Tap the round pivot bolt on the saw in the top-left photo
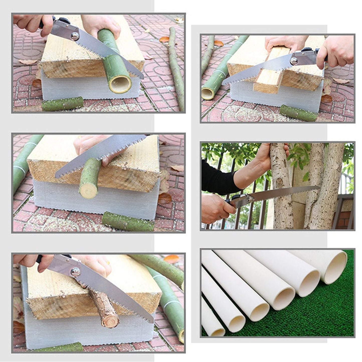74,36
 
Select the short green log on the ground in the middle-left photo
128,222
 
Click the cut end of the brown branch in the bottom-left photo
110,323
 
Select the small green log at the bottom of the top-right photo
298,113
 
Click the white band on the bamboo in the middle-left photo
21,168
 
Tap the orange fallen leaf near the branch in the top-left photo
164,40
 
